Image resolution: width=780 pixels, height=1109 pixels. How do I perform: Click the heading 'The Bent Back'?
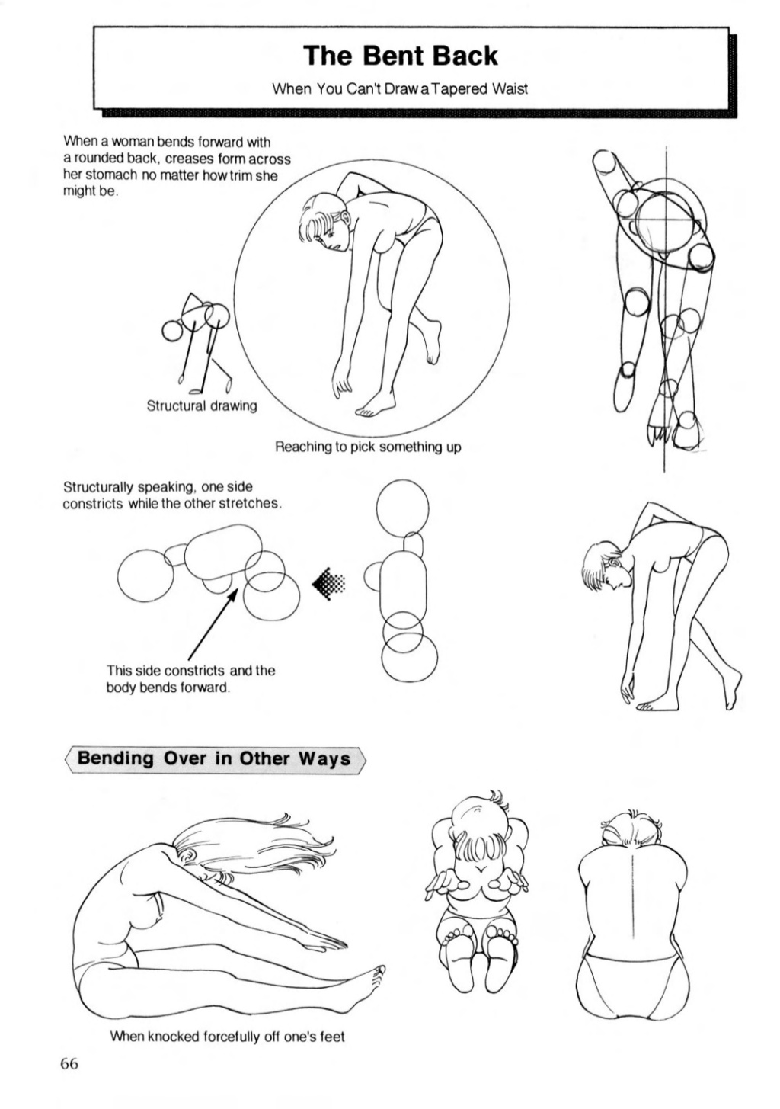pyautogui.click(x=401, y=56)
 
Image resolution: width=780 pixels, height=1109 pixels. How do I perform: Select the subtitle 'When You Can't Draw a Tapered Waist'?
pyautogui.click(x=401, y=89)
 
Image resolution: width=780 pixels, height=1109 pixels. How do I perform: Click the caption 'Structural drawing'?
pyautogui.click(x=202, y=406)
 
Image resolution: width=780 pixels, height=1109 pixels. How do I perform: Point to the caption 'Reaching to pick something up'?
pyautogui.click(x=368, y=447)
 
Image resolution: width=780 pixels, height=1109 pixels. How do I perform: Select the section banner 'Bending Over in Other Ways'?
pyautogui.click(x=214, y=759)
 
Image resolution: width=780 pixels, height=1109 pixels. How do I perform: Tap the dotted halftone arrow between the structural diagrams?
pyautogui.click(x=328, y=584)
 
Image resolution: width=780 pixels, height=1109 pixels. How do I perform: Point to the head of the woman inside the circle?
pyautogui.click(x=327, y=220)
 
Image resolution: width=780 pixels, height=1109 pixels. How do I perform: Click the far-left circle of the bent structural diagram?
pyautogui.click(x=145, y=575)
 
